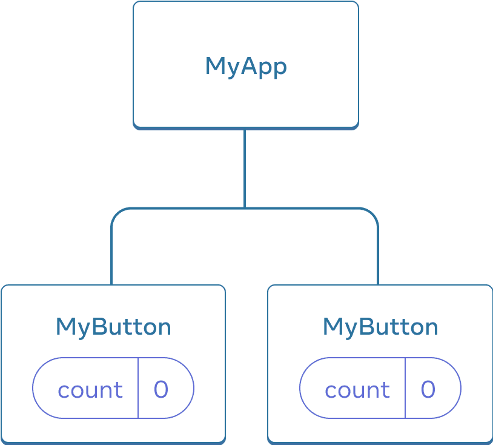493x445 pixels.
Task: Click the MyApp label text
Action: pos(245,66)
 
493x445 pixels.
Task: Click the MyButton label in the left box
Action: pos(113,327)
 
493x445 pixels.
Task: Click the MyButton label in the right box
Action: pos(380,327)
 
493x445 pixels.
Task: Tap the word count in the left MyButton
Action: pos(90,390)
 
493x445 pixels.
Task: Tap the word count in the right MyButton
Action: pos(357,390)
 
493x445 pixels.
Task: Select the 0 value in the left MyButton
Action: pos(161,389)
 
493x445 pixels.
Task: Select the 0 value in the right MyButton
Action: pos(428,389)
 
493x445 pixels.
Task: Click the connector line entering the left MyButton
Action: pos(112,261)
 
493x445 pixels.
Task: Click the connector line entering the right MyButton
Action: pos(378,261)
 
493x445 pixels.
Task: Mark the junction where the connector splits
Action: pos(244,209)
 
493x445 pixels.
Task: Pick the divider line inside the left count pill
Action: pos(138,388)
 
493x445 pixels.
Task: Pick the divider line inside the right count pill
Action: pos(405,388)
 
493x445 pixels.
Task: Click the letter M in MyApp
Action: pos(215,66)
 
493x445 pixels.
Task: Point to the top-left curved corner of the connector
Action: pos(117,213)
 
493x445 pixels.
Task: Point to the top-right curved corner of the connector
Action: pos(373,213)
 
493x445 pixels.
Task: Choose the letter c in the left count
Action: pos(63,390)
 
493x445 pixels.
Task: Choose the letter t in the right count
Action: pos(386,390)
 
